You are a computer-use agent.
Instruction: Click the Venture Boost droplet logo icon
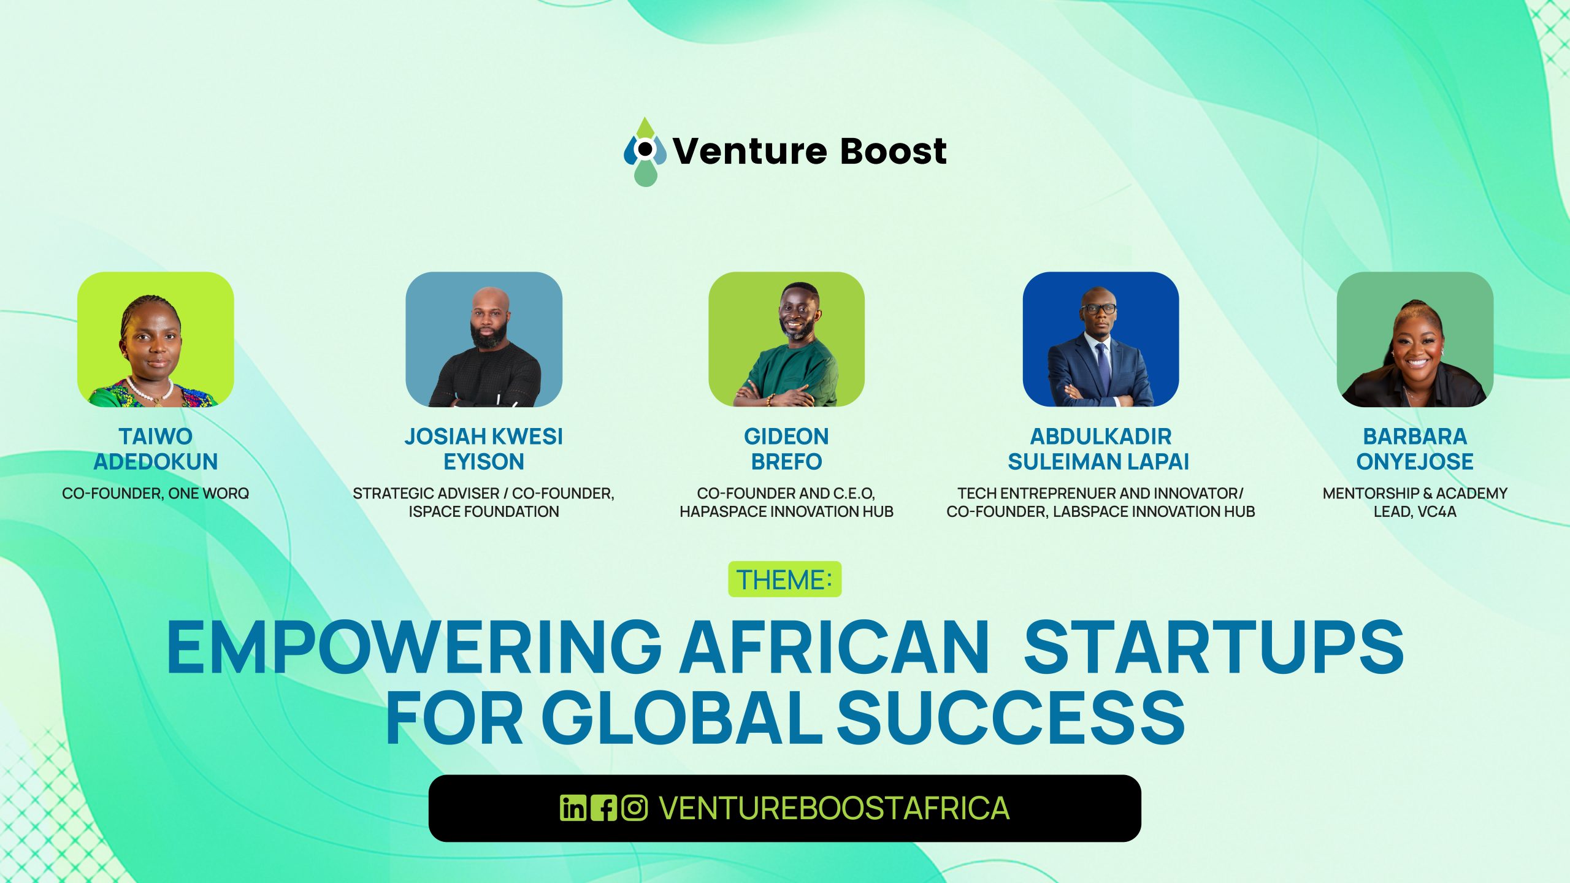pos(645,151)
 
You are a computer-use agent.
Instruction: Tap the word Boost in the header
pos(894,151)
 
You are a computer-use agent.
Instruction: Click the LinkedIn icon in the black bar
pos(573,808)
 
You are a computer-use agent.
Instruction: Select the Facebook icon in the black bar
pos(603,808)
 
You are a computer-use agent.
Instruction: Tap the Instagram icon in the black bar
pos(634,808)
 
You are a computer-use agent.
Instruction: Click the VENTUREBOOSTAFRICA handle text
pos(834,808)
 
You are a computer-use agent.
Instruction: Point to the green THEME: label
pos(785,579)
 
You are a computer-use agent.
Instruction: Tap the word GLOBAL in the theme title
pos(681,717)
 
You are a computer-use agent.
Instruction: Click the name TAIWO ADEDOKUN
pos(156,449)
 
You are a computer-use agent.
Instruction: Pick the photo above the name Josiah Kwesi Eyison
pos(484,339)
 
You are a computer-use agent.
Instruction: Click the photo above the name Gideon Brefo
pos(786,339)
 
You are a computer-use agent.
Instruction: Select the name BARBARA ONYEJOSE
pos(1415,449)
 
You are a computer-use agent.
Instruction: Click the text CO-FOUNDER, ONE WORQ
pos(156,494)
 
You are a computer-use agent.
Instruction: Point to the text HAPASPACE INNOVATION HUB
pos(786,511)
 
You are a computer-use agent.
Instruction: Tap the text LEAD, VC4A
pos(1415,511)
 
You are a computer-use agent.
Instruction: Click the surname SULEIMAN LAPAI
pos(1098,462)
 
